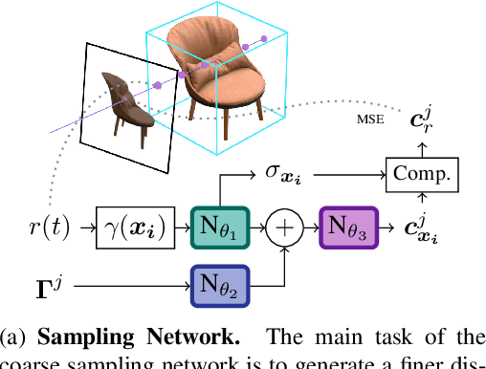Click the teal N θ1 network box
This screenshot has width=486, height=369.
[221, 230]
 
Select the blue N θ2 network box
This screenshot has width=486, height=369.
[221, 286]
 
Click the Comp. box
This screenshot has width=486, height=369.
[421, 174]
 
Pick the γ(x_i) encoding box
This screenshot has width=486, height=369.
[130, 230]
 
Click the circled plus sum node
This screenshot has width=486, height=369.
[284, 230]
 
